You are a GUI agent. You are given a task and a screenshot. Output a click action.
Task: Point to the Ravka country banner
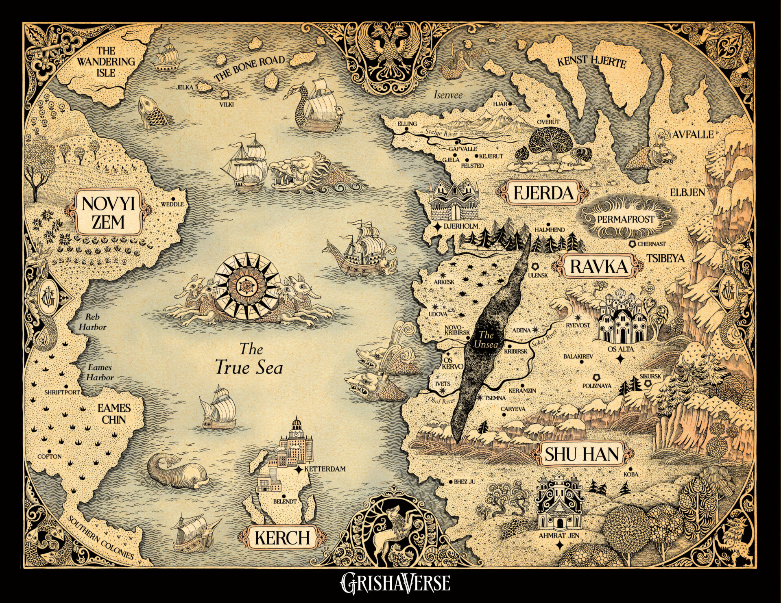[x=598, y=267]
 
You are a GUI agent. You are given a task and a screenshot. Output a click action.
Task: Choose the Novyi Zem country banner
[x=108, y=213]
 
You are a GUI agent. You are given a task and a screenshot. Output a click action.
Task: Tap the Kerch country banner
[x=282, y=538]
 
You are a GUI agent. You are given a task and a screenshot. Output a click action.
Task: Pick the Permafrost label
[x=626, y=219]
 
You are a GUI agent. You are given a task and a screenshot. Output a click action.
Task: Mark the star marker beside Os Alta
[x=620, y=359]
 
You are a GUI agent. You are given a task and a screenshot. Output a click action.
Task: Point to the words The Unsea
[x=486, y=340]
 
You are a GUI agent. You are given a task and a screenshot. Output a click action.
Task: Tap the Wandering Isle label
[x=106, y=62]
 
